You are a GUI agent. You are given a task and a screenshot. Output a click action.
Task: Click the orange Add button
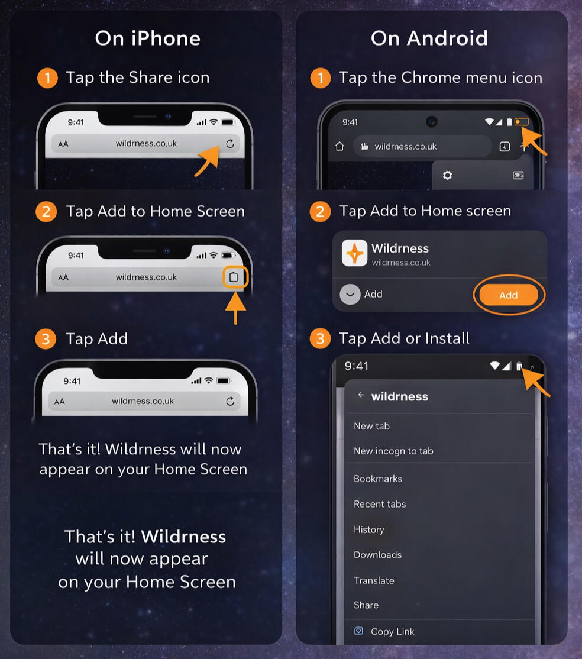[x=509, y=295]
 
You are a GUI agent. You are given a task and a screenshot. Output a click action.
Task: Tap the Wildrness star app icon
[x=354, y=253]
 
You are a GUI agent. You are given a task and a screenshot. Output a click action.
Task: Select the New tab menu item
[x=371, y=426]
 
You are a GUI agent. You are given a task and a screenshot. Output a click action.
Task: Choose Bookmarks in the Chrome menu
[x=378, y=479]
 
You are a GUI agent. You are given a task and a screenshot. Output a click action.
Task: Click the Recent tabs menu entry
[x=380, y=504]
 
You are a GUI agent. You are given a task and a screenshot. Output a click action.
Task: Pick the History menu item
[x=369, y=529]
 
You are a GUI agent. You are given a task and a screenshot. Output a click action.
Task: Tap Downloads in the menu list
[x=377, y=555]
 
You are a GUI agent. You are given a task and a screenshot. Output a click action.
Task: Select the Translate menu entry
[x=374, y=580]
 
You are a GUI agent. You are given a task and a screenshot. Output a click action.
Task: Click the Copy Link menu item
[x=393, y=631]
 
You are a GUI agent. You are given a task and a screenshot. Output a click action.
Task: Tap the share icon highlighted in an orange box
[x=234, y=277]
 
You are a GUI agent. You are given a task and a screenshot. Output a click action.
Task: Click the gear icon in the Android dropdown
[x=448, y=175]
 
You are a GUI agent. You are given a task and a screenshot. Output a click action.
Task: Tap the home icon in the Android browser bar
[x=339, y=146]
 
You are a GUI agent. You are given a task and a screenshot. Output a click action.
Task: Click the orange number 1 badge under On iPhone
[x=47, y=78]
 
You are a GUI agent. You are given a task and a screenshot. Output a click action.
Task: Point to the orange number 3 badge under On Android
[x=320, y=338]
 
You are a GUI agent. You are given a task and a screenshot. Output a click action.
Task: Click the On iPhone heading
[x=147, y=38]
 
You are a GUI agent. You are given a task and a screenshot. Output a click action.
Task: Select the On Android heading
[x=429, y=38]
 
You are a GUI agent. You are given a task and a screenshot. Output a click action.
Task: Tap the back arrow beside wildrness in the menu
[x=361, y=395]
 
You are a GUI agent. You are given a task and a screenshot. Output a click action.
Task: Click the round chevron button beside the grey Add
[x=350, y=294]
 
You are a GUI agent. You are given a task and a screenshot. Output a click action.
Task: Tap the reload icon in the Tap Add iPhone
[x=230, y=401]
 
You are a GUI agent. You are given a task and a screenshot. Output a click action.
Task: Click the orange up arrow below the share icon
[x=235, y=308]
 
